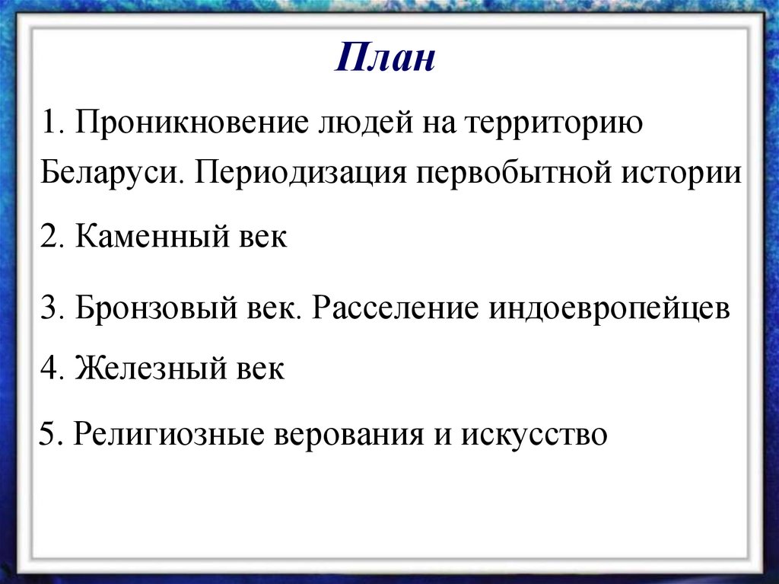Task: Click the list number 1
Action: (x=51, y=123)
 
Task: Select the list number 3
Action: (x=51, y=310)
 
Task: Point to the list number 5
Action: (x=49, y=436)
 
